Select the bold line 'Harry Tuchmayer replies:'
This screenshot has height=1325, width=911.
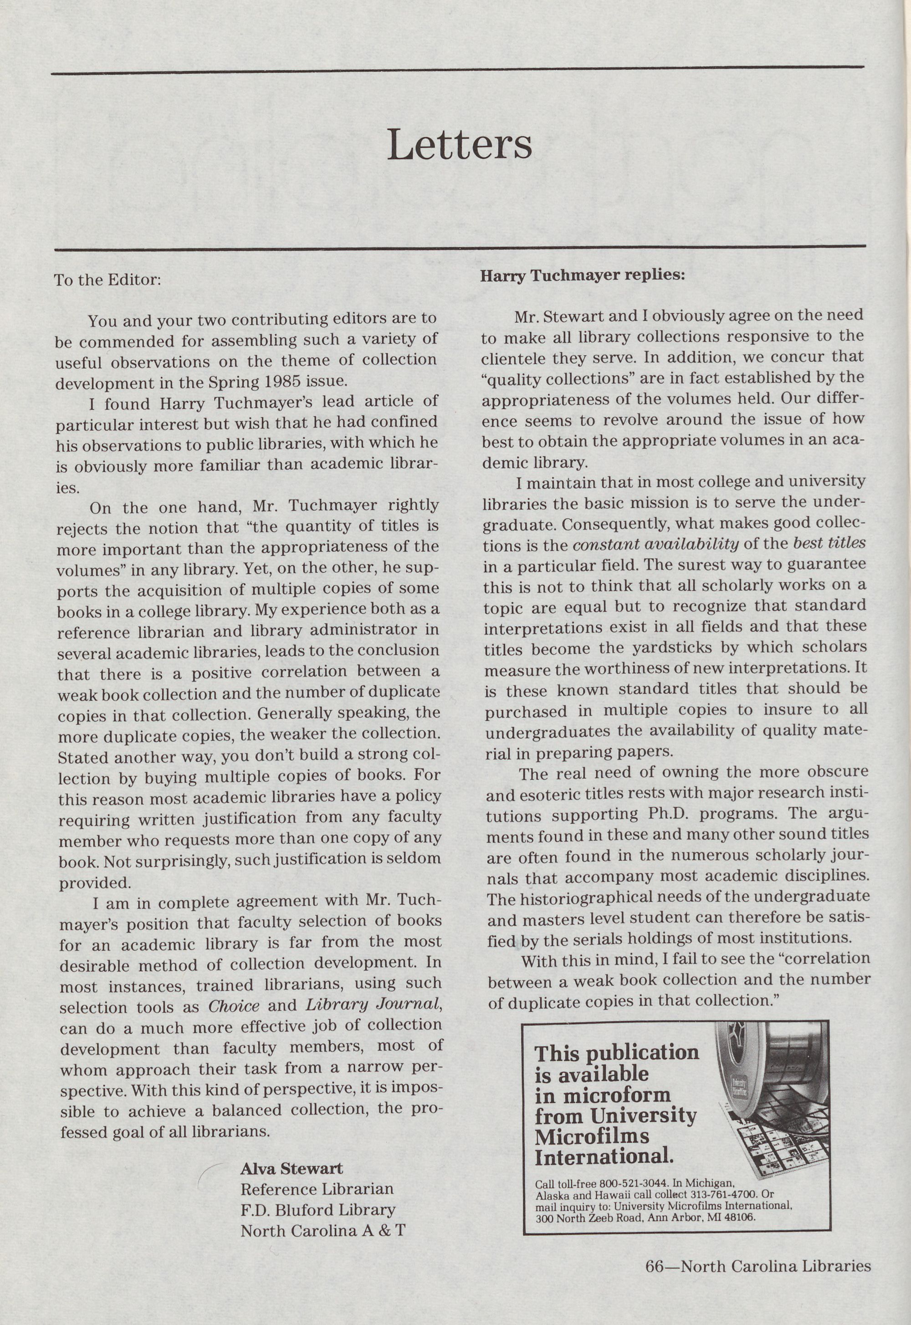[582, 275]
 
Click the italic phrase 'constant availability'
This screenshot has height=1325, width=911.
[655, 545]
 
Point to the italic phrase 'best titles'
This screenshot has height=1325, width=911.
[829, 543]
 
